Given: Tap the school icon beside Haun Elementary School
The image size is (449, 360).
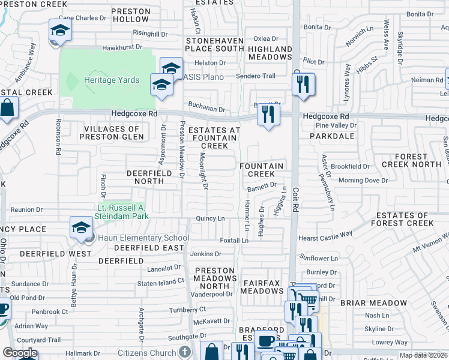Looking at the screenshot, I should pyautogui.click(x=81, y=227).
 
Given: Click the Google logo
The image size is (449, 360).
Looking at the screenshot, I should pyautogui.click(x=20, y=353).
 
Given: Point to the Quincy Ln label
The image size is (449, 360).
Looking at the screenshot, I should pyautogui.click(x=211, y=218).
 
